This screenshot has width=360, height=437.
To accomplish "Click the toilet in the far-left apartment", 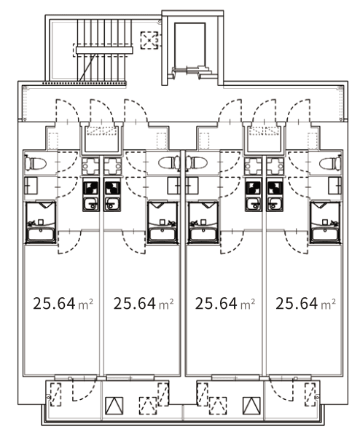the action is tap(36, 163).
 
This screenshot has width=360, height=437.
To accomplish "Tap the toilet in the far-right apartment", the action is tap(330, 163).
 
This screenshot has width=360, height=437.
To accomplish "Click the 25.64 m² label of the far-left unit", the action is tap(63, 304).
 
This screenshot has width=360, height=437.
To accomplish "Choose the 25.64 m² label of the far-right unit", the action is tap(305, 304).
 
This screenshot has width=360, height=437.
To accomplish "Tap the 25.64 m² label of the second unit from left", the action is tap(144, 304).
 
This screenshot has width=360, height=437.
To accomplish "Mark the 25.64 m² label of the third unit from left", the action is tap(224, 304).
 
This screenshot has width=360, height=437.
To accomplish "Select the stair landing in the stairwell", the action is tap(104, 50).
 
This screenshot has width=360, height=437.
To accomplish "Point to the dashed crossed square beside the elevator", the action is tap(149, 40).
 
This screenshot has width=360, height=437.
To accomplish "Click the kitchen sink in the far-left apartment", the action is tap(90, 203).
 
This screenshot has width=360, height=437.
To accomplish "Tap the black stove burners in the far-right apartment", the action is tap(275, 188).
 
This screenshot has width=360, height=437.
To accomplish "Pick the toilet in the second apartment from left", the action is tap(169, 163).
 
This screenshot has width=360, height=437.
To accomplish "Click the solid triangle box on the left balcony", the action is tap(114, 406).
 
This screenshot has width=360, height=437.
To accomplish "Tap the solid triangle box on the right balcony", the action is tap(251, 406).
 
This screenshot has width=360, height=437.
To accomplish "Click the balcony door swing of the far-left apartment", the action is tap(84, 390).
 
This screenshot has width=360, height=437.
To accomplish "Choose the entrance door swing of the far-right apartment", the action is tap(298, 111).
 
